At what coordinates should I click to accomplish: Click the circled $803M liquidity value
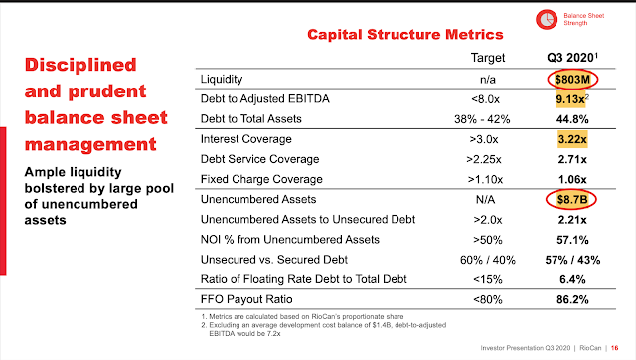[572, 80]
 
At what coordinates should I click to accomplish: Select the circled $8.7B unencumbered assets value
[571, 199]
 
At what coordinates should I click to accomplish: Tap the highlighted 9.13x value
[570, 99]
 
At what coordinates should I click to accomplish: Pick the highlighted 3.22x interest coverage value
[572, 139]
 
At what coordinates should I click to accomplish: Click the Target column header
[488, 58]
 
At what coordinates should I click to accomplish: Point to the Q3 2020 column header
[572, 58]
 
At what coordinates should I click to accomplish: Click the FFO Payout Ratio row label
[246, 299]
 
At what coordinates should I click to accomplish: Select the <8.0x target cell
[485, 99]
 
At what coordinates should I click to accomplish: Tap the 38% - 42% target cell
[482, 119]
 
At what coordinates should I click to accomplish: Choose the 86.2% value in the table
[572, 300]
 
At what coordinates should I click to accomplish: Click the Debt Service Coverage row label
[259, 159]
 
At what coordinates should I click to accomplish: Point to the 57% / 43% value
[572, 260]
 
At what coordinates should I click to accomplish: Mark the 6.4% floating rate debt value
[572, 279]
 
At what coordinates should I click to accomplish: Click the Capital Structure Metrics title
[405, 35]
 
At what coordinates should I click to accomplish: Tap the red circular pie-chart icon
[547, 19]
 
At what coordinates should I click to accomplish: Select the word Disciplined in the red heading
[80, 65]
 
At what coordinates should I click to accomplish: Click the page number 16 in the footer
[614, 348]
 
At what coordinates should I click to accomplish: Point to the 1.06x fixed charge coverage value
[572, 179]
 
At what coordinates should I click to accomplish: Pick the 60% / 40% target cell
[488, 260]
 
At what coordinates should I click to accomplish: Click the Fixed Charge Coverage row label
[261, 179]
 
